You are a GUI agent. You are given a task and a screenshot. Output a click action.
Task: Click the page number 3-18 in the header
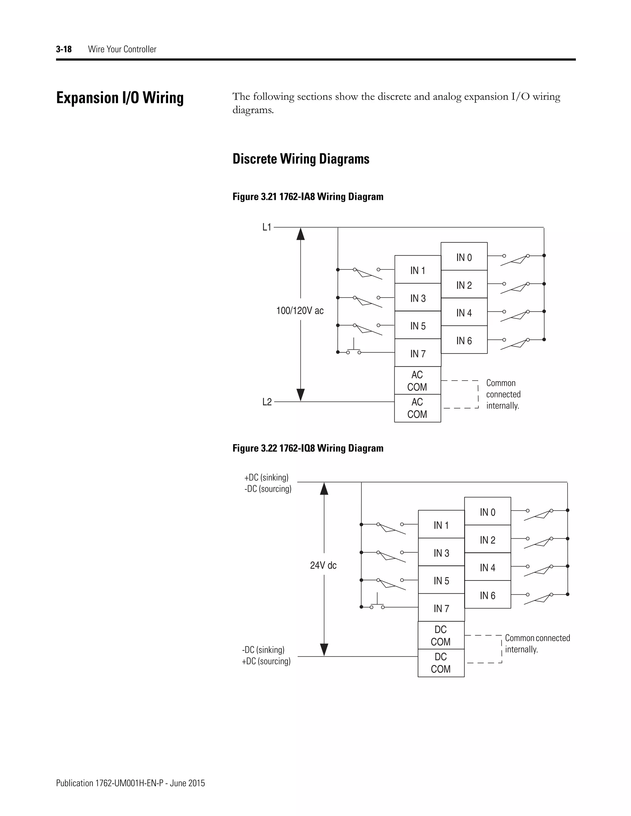pyautogui.click(x=63, y=49)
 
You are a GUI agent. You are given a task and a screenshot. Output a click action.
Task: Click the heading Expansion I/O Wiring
pyautogui.click(x=120, y=98)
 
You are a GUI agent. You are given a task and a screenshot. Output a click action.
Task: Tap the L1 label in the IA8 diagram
pyautogui.click(x=267, y=227)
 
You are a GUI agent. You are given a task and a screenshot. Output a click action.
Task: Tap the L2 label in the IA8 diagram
pyautogui.click(x=267, y=402)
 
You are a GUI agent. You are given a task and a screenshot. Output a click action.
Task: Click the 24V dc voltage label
pyautogui.click(x=323, y=566)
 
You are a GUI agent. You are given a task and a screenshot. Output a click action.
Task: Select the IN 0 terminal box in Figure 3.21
pyautogui.click(x=464, y=257)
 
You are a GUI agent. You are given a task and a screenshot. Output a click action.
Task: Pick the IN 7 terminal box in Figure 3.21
pyautogui.click(x=417, y=353)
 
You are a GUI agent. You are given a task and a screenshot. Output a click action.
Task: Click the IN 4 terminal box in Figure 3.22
pyautogui.click(x=487, y=568)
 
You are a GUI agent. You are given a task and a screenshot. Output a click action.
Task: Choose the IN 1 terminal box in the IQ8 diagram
pyautogui.click(x=441, y=525)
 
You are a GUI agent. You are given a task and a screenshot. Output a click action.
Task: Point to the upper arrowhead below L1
pyautogui.click(x=300, y=234)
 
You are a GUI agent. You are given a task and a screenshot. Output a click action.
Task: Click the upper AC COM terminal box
pyautogui.click(x=417, y=381)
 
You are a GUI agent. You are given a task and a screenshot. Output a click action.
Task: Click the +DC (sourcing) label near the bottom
pyautogui.click(x=266, y=661)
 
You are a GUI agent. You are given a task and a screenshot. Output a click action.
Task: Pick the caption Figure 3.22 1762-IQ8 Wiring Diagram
pyautogui.click(x=308, y=448)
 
